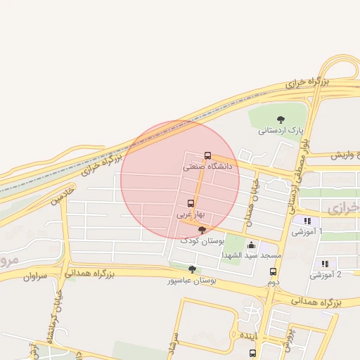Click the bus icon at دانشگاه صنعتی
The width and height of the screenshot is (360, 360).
tap(207, 155)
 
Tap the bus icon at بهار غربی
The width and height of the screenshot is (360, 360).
tap(190, 203)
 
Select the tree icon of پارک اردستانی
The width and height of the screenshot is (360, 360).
tap(281, 120)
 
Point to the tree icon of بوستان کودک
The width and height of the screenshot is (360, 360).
tap(202, 230)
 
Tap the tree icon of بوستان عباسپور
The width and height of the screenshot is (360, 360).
tap(192, 269)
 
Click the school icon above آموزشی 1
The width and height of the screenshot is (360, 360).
tap(307, 221)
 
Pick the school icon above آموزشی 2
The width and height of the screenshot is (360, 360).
tap(324, 264)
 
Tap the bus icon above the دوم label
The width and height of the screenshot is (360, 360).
tap(273, 271)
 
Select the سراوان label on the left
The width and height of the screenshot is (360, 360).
tap(34, 277)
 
